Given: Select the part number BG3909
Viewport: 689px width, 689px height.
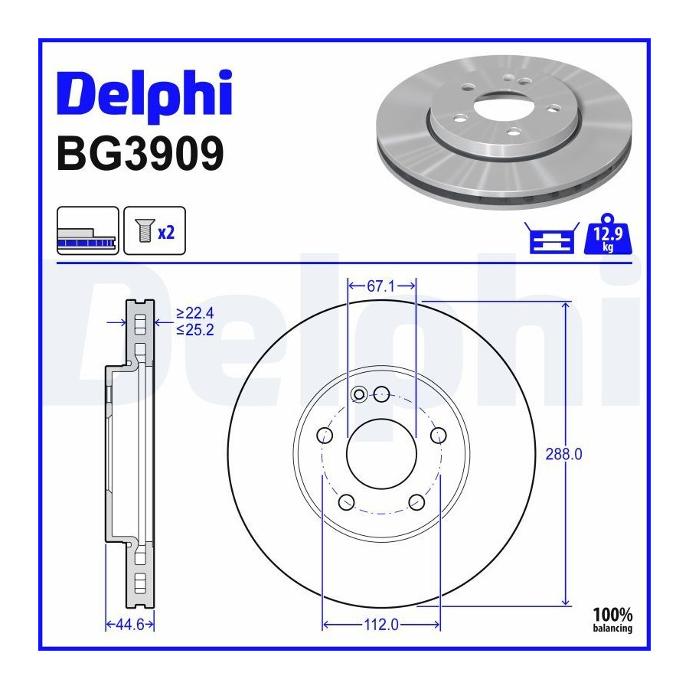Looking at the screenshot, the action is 141,154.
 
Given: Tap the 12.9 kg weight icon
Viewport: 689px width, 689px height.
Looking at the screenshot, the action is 608,234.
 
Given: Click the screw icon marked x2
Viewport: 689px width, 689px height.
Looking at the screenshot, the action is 155,230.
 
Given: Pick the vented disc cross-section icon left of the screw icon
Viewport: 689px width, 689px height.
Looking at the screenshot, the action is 88,230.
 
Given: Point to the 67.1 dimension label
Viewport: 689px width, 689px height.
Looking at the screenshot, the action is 380,286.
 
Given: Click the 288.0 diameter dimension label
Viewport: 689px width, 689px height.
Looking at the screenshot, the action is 563,454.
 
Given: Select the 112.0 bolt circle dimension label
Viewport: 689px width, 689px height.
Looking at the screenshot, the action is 381,625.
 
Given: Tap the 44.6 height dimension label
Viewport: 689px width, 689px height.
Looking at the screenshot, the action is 129,625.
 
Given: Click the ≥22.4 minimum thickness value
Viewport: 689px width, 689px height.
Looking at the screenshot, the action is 195,313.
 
